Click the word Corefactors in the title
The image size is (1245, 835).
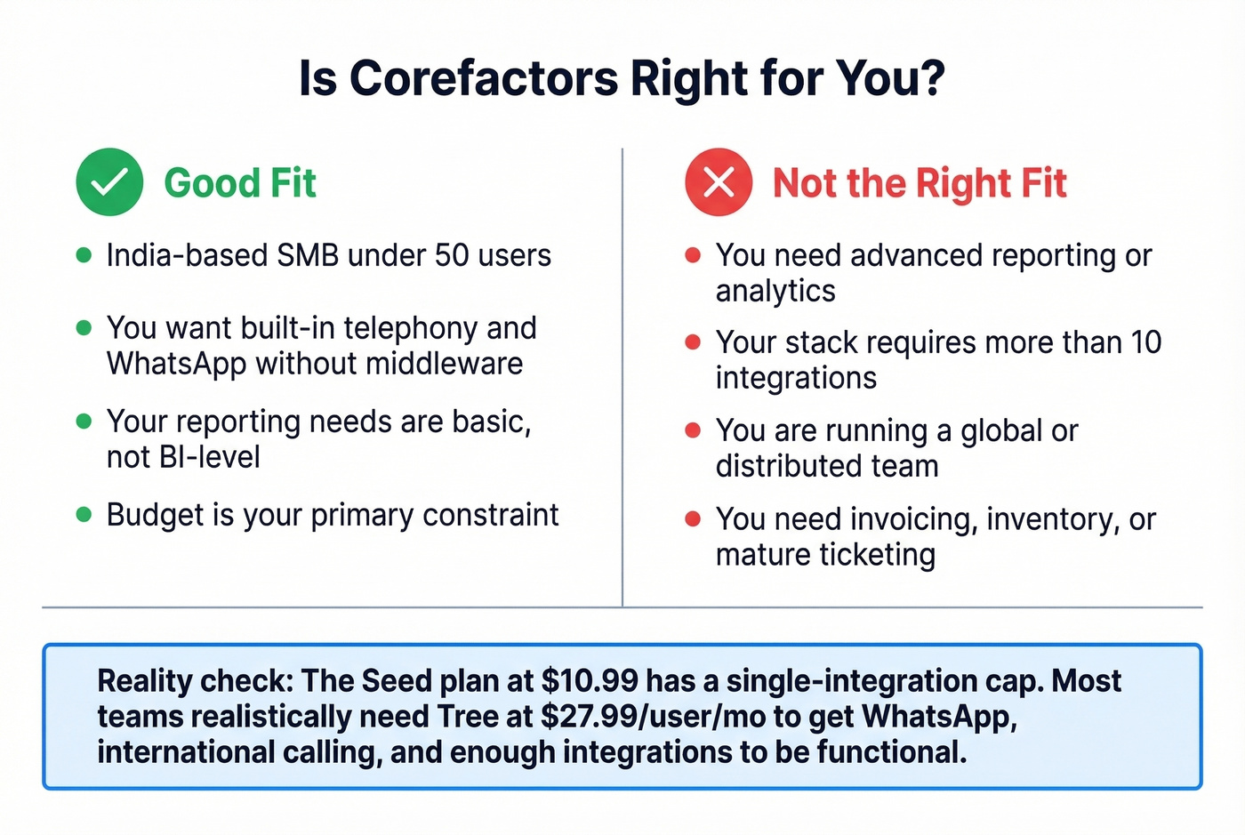pos(484,78)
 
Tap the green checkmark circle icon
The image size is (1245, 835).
pos(109,182)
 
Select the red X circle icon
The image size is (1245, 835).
pos(719,182)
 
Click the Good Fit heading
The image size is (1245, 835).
pos(240,183)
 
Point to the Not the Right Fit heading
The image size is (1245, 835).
pos(920,183)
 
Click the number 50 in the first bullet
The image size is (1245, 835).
pos(452,256)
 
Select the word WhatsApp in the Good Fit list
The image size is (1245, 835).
pos(176,364)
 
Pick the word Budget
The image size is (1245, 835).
pos(143,516)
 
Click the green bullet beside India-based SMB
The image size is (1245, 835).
pos(84,256)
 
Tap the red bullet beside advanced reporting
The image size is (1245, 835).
pos(694,256)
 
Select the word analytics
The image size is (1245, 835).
pos(775,292)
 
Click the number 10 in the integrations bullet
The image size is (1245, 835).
pos(1146,342)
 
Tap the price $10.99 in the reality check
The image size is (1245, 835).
pos(590,681)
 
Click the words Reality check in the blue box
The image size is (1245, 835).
pos(195,681)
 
